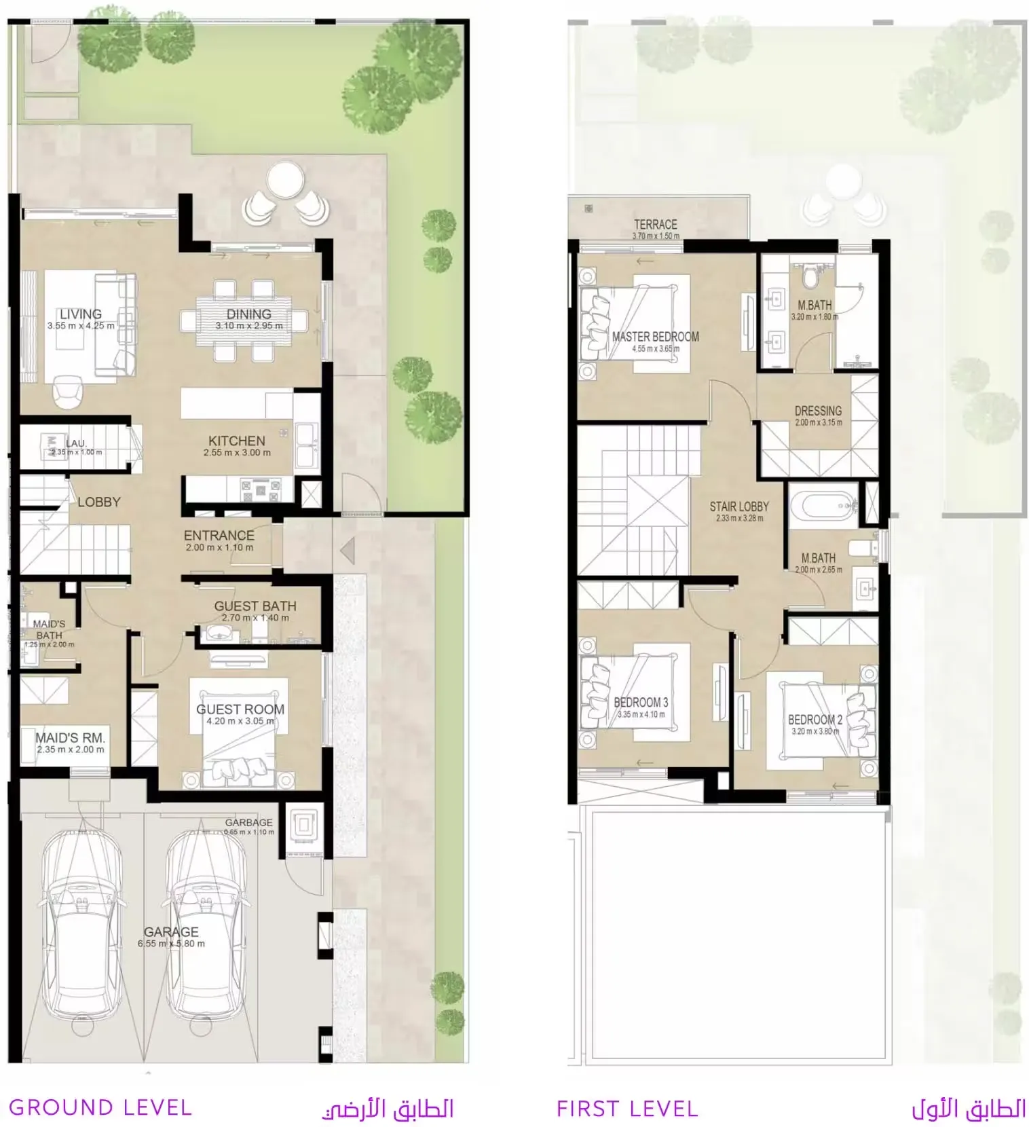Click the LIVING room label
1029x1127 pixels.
tap(80, 314)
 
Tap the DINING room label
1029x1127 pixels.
tap(248, 314)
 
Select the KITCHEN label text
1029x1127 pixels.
tap(236, 441)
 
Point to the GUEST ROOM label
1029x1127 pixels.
tap(240, 709)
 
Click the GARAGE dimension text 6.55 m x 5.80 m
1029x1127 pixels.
tap(171, 944)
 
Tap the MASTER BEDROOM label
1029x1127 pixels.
tap(655, 337)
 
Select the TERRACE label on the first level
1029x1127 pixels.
tap(655, 224)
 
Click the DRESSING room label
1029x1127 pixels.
tap(818, 411)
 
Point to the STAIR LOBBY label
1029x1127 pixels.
tap(739, 506)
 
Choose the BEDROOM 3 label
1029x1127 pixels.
tap(641, 703)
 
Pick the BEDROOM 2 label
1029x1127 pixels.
tap(815, 720)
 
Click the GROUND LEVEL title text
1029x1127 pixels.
tap(100, 1108)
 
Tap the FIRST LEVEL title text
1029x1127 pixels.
tap(627, 1109)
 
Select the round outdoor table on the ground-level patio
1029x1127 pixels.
tap(285, 180)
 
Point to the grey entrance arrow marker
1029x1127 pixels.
tap(348, 549)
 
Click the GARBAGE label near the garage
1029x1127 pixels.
tap(248, 822)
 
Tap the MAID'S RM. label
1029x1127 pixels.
tap(70, 737)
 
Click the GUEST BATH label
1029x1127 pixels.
tap(255, 606)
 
